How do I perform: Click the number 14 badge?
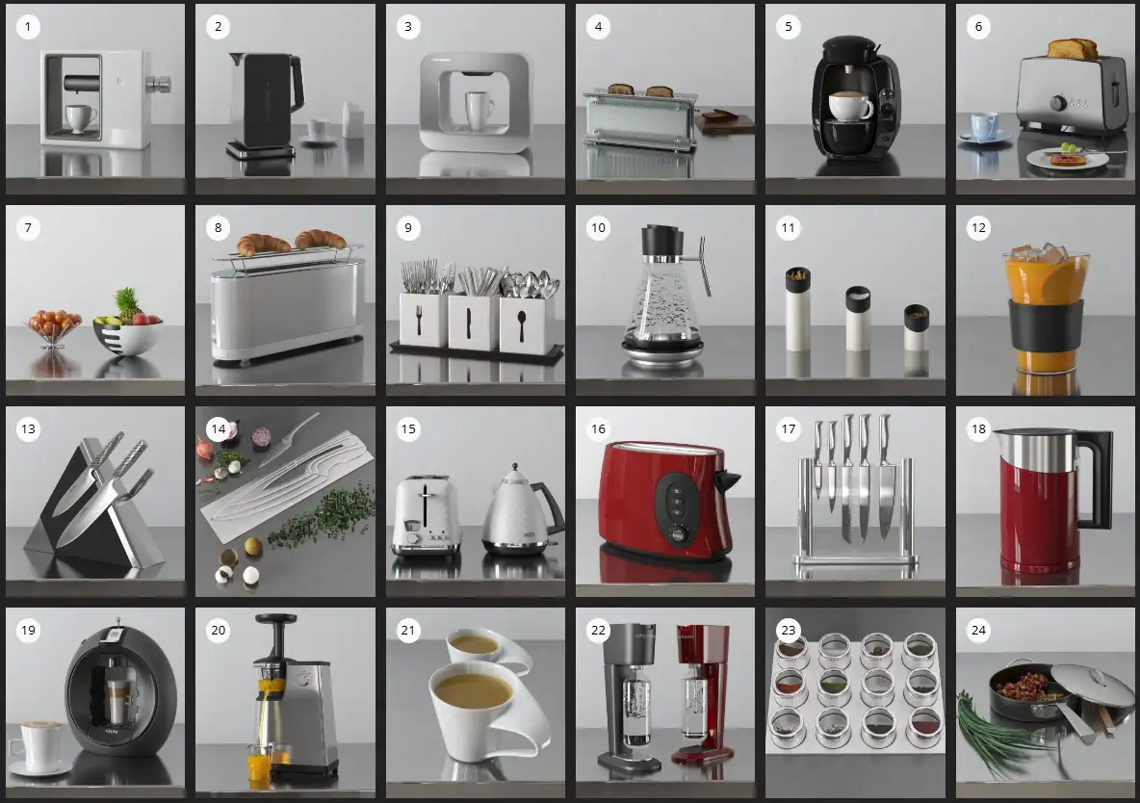tap(219, 429)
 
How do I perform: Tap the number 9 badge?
tap(408, 227)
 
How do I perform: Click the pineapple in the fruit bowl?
tap(127, 304)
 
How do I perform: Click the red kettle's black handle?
tap(1097, 480)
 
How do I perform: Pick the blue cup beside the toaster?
tap(983, 124)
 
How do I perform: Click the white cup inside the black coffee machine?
tap(849, 106)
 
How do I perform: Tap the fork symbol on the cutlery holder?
tap(419, 321)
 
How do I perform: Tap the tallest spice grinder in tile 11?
tap(797, 309)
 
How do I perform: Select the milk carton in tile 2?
tap(353, 119)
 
